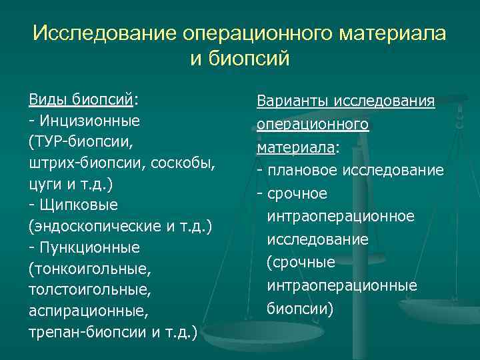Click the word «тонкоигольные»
pos(90,269)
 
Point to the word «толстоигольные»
pos(86,290)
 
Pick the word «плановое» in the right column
pos(302,171)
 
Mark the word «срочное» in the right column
pos(297,193)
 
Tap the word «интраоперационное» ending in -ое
pos(341,217)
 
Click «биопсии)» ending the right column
pos(299,309)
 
